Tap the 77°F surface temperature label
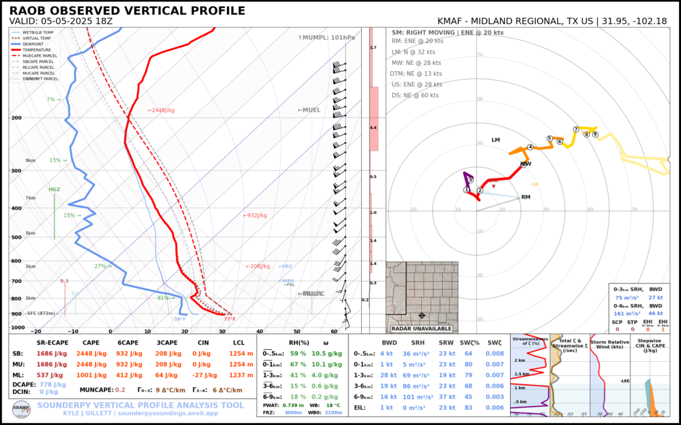point(229,319)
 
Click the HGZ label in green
point(54,189)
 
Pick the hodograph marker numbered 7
point(576,129)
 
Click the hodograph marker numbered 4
point(530,147)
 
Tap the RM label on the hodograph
point(525,197)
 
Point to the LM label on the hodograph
point(495,140)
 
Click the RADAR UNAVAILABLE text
point(422,329)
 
